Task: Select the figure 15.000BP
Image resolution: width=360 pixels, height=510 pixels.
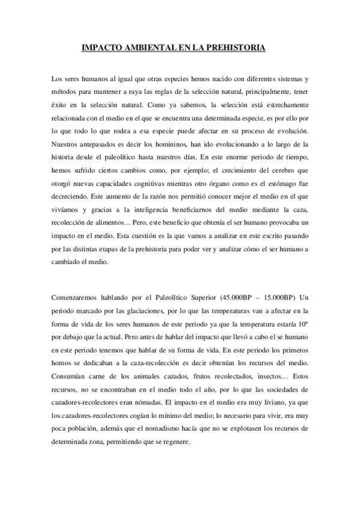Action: coord(276,298)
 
